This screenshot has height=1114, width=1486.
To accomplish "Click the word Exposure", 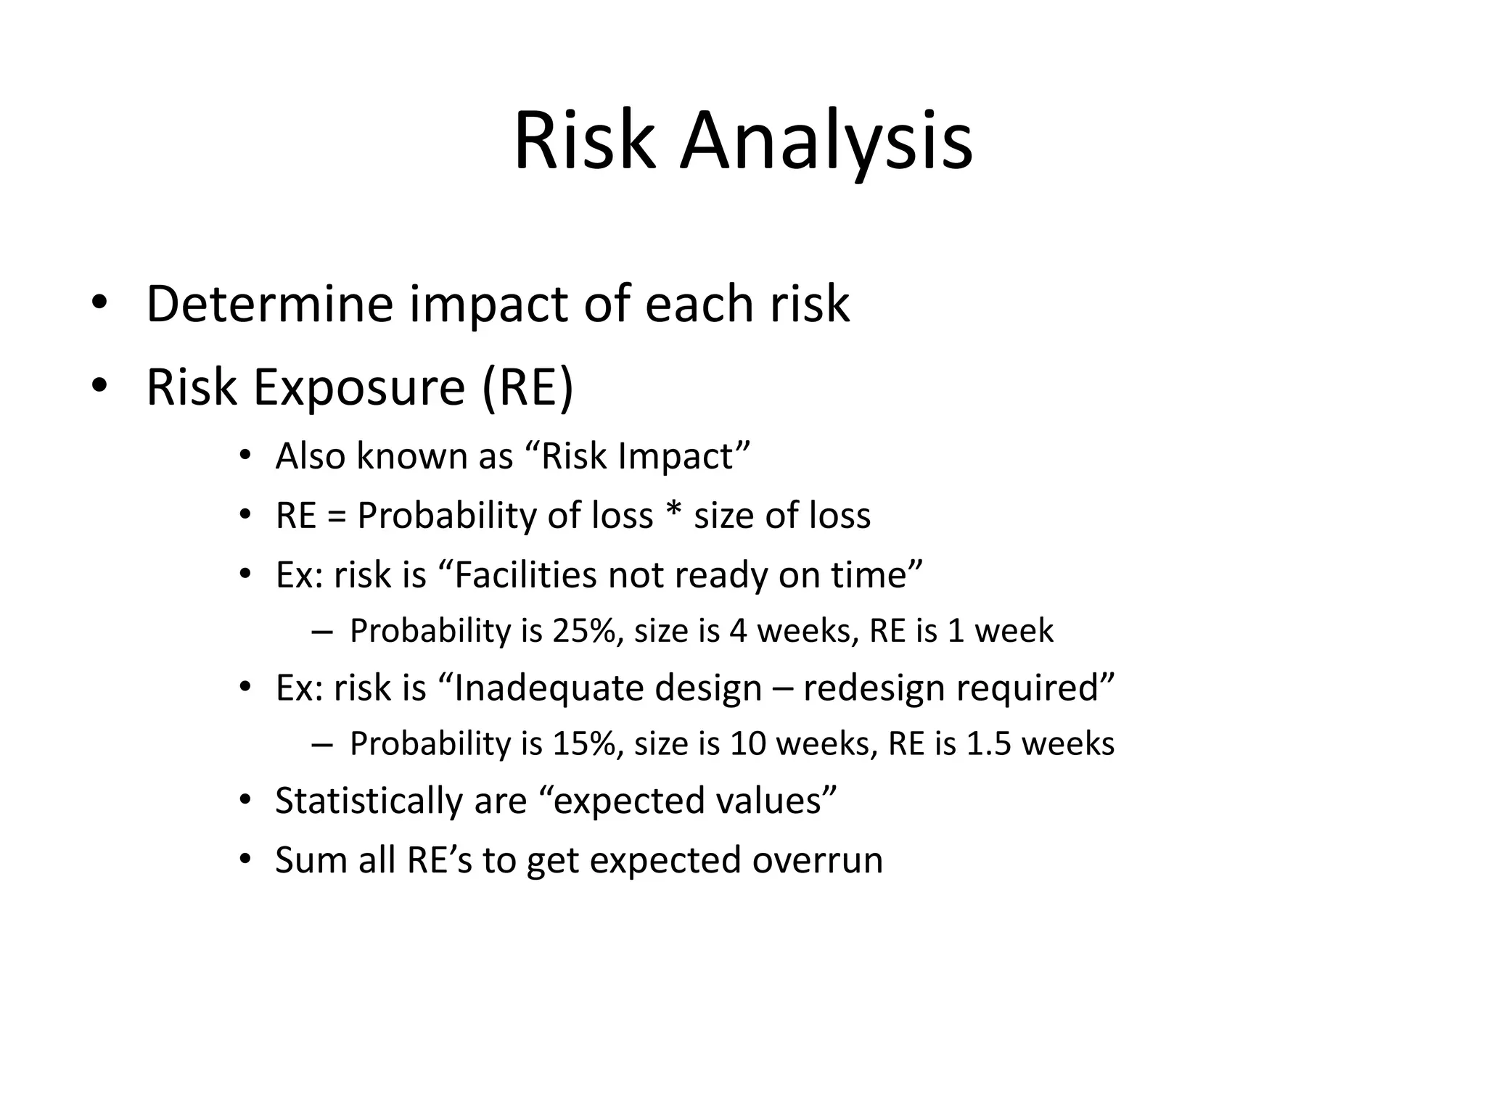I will tap(358, 388).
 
